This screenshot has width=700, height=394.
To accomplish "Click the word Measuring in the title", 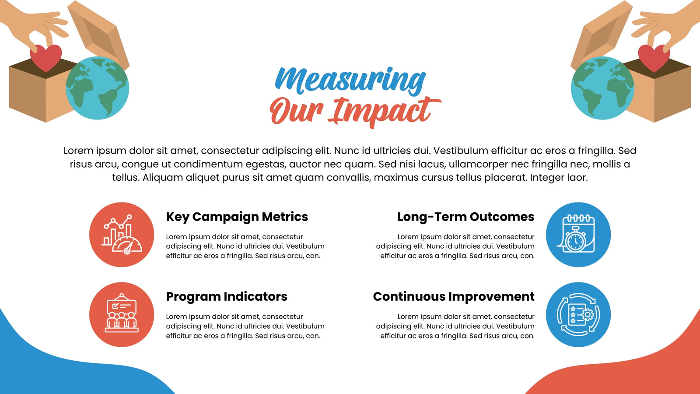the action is click(350, 80).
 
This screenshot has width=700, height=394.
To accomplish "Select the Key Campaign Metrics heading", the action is click(237, 217).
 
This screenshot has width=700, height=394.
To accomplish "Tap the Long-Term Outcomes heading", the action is click(465, 217).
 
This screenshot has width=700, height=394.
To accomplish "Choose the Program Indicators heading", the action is click(227, 296).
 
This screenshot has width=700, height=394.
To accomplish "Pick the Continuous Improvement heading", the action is click(454, 296).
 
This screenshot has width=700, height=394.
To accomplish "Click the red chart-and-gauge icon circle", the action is click(122, 235).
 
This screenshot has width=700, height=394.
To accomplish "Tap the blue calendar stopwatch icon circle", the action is click(578, 235).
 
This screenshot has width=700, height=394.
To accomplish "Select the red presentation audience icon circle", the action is click(122, 315).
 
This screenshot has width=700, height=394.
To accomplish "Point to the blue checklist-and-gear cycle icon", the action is click(578, 315).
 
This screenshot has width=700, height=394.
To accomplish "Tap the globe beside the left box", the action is click(98, 88).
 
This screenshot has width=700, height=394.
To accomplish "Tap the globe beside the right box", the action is click(602, 88).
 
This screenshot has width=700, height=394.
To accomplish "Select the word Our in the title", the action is click(296, 111).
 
